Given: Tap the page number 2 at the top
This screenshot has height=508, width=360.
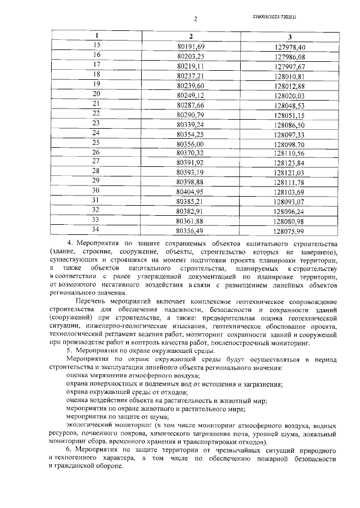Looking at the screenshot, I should click(195, 19).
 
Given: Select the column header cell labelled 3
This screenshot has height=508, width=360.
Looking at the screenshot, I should click(289, 36).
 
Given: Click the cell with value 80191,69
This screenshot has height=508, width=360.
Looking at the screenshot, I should click(191, 46).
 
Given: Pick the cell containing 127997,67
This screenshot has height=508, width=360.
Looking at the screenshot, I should click(289, 66).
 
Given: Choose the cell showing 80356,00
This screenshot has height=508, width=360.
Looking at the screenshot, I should click(191, 143).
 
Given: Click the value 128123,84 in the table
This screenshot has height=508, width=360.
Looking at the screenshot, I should click(289, 163).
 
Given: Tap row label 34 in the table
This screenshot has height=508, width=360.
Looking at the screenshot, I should click(96, 229).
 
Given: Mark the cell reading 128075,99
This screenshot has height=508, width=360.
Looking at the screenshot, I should click(289, 230).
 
